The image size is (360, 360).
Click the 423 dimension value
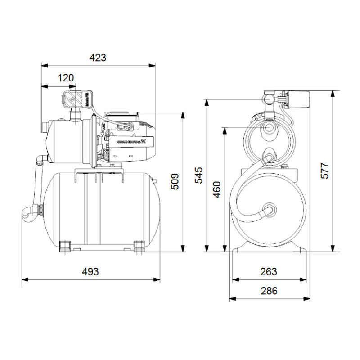(x=98, y=58)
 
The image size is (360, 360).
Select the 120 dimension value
(x=66, y=78)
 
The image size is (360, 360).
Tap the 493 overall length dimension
(x=90, y=272)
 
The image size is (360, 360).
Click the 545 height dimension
(x=199, y=175)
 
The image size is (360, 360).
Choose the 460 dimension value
(x=216, y=190)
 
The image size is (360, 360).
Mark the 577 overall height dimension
(x=325, y=171)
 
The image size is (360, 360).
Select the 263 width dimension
(x=269, y=272)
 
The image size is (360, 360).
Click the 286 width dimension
(x=269, y=291)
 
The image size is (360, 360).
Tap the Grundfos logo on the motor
(x=131, y=142)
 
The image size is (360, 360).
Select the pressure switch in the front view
(x=295, y=98)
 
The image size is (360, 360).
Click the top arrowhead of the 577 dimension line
(x=333, y=94)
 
